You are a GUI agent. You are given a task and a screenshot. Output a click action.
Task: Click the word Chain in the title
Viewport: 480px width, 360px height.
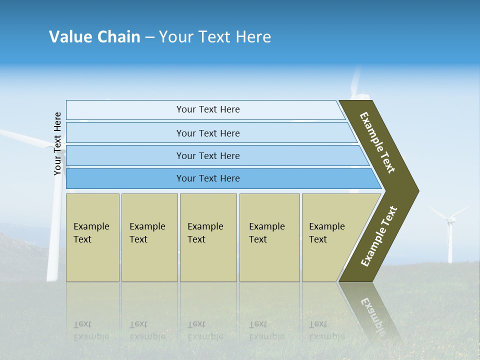pyautogui.click(x=118, y=37)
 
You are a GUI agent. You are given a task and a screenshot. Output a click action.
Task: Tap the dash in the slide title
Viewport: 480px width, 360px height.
pyautogui.click(x=149, y=37)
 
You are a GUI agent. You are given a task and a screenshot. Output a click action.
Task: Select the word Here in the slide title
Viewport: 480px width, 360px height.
pyautogui.click(x=253, y=37)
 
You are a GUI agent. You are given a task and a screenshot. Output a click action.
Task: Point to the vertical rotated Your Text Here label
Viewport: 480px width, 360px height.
pyautogui.click(x=57, y=144)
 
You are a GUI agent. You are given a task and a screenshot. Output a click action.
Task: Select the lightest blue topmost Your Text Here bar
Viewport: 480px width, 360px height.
pyautogui.click(x=207, y=109)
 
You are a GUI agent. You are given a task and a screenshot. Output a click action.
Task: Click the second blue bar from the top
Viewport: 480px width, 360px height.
pyautogui.click(x=207, y=133)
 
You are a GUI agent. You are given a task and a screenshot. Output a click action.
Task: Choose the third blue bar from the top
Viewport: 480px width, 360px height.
pyautogui.click(x=207, y=155)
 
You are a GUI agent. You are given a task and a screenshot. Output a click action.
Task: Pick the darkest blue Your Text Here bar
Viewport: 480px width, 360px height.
pyautogui.click(x=207, y=178)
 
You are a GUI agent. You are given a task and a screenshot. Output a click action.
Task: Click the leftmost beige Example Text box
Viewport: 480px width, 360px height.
pyautogui.click(x=92, y=237)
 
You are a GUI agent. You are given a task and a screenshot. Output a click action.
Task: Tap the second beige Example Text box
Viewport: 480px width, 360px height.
pyautogui.click(x=149, y=237)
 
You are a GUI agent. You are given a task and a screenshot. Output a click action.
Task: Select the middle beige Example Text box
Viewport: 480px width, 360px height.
pyautogui.click(x=208, y=237)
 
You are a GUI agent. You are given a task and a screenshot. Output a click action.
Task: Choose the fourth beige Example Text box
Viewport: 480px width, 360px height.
pyautogui.click(x=269, y=237)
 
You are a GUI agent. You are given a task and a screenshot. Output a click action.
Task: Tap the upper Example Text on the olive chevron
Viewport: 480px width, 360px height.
pyautogui.click(x=377, y=142)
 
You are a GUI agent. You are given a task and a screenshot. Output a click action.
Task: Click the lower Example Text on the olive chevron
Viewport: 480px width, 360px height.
pyautogui.click(x=379, y=236)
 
